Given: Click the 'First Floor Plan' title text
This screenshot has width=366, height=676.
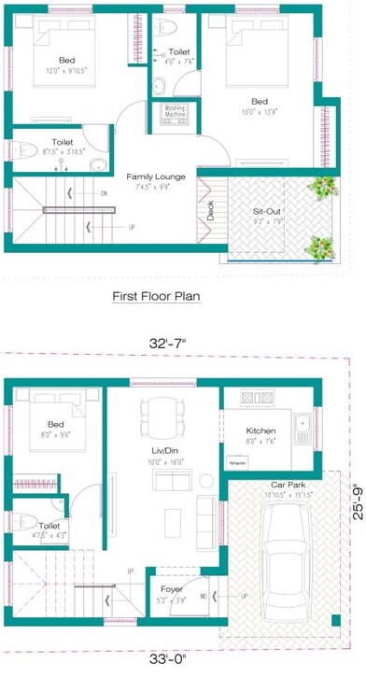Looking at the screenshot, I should pyautogui.click(x=156, y=298).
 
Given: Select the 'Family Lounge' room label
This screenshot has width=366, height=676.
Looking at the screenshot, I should pyautogui.click(x=156, y=176).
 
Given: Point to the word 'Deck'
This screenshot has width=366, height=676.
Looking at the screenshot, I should pyautogui.click(x=211, y=212).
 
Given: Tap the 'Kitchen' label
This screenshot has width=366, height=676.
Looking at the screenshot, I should pyautogui.click(x=260, y=430).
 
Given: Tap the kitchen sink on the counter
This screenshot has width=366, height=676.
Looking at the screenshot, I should pyautogui.click(x=302, y=430).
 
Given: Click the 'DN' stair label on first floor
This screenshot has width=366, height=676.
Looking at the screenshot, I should pyautogui.click(x=103, y=193).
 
